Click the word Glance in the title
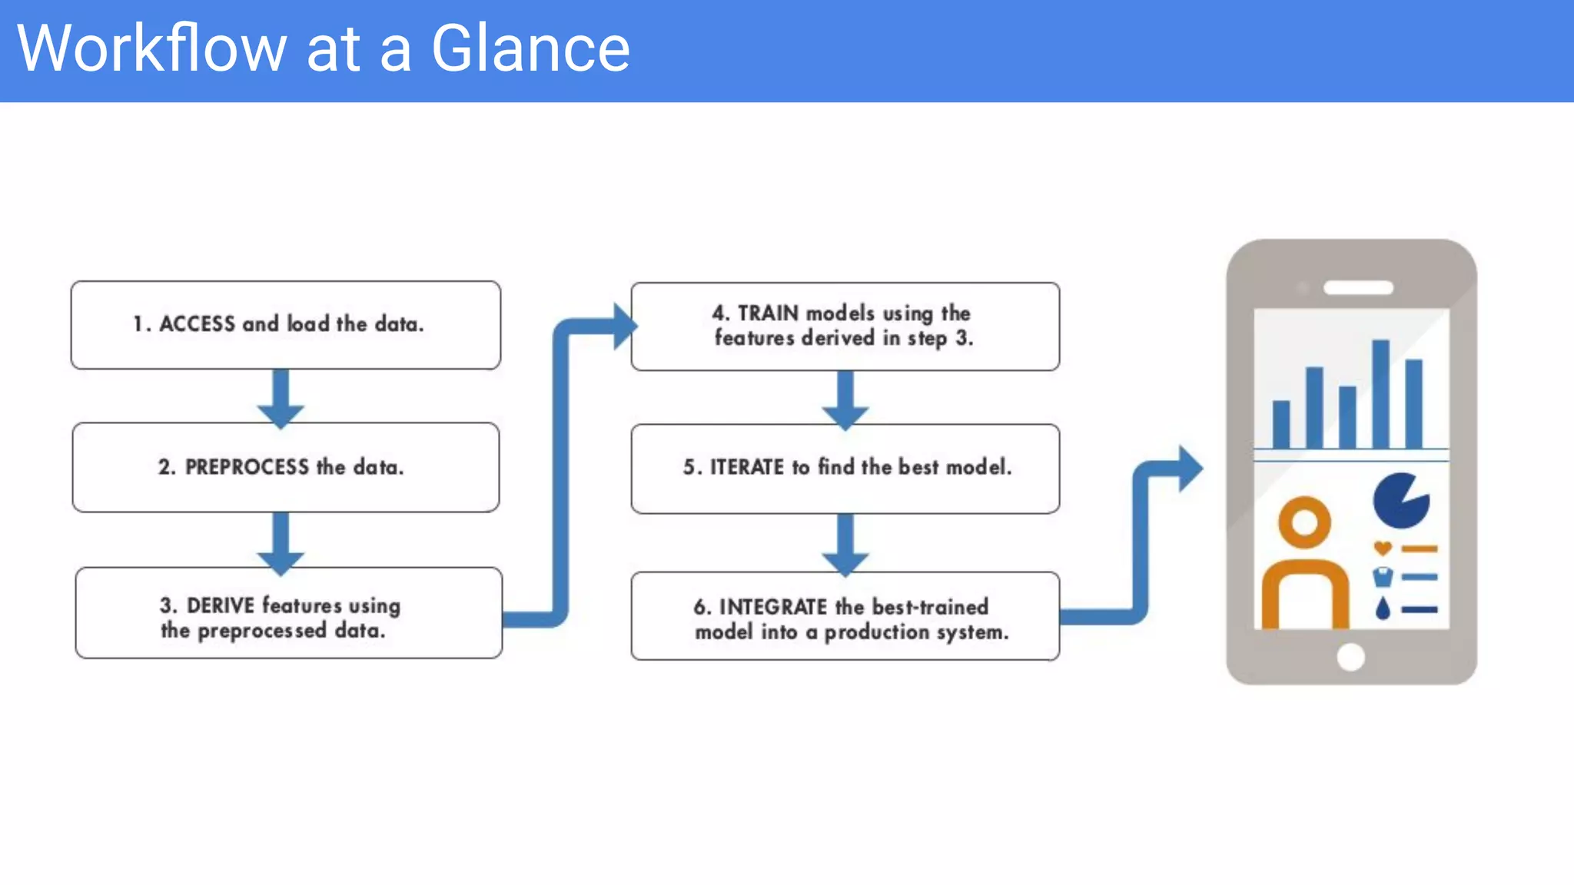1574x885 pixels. click(x=530, y=49)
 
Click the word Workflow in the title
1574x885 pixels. click(x=151, y=49)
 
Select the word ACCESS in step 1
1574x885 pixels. click(x=197, y=324)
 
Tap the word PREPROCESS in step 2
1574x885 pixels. click(x=247, y=467)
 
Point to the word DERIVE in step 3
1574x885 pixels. click(x=220, y=605)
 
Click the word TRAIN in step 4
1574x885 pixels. click(x=768, y=313)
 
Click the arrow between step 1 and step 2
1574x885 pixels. click(x=281, y=398)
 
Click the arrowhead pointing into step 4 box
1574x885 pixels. click(x=624, y=326)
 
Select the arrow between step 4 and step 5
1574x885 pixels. click(x=845, y=399)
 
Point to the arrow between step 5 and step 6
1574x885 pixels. click(x=845, y=545)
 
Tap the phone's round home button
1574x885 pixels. click(x=1350, y=657)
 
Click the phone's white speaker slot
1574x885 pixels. click(x=1358, y=288)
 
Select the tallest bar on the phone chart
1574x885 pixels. click(x=1380, y=393)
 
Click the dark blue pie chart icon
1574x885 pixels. click(x=1400, y=501)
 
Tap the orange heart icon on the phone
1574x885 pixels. click(x=1383, y=549)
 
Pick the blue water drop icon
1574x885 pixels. click(x=1383, y=608)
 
